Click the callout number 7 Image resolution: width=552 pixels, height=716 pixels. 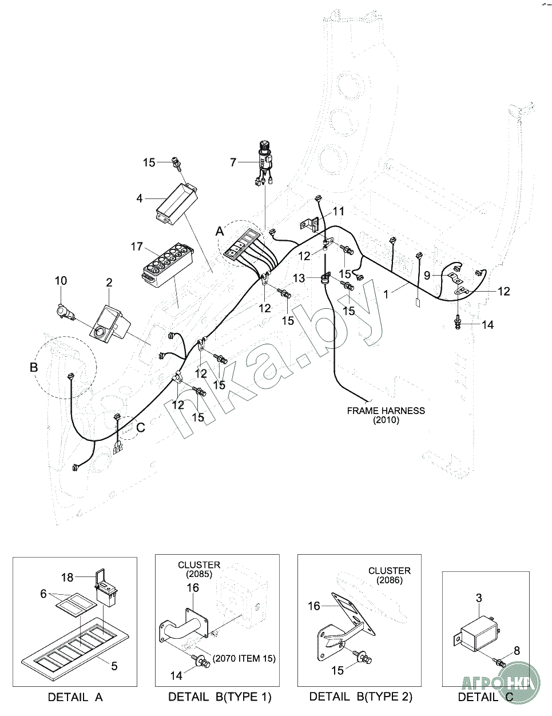coord(233,162)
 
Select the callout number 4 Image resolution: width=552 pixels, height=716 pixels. coord(139,199)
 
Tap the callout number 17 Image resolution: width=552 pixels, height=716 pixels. coord(137,247)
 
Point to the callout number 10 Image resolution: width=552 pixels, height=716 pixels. coord(61,280)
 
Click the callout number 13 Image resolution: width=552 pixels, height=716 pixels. coord(300,278)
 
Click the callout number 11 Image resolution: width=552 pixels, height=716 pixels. coord(339,211)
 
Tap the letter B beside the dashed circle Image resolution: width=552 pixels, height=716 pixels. coord(34,367)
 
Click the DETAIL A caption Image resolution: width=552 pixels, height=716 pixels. coord(75,697)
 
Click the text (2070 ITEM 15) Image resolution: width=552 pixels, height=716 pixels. coord(244,658)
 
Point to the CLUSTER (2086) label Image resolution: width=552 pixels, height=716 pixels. coord(389,575)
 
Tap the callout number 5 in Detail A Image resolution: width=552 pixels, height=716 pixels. coord(114,666)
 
